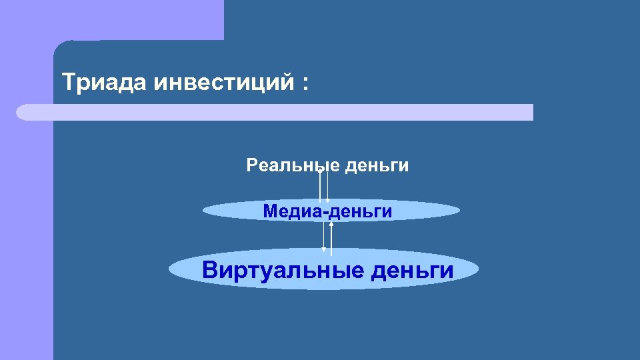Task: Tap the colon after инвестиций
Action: point(306,85)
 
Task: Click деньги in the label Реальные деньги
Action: point(377,165)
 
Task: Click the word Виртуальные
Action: point(282,270)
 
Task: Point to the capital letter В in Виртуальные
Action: point(209,270)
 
